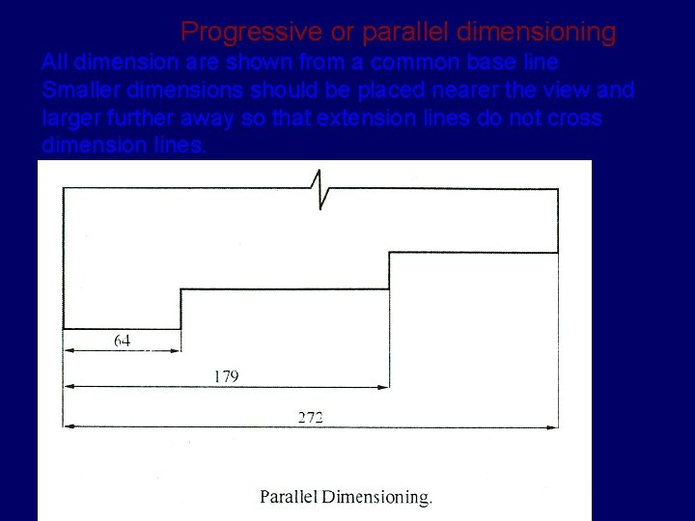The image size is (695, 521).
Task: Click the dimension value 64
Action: click(123, 340)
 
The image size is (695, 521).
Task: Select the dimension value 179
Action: click(226, 377)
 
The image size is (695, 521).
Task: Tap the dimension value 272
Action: click(310, 417)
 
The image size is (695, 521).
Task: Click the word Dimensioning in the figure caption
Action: click(376, 498)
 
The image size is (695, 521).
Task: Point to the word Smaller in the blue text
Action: click(79, 91)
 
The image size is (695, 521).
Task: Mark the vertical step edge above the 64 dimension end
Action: click(181, 309)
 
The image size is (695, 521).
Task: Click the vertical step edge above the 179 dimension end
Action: click(389, 270)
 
